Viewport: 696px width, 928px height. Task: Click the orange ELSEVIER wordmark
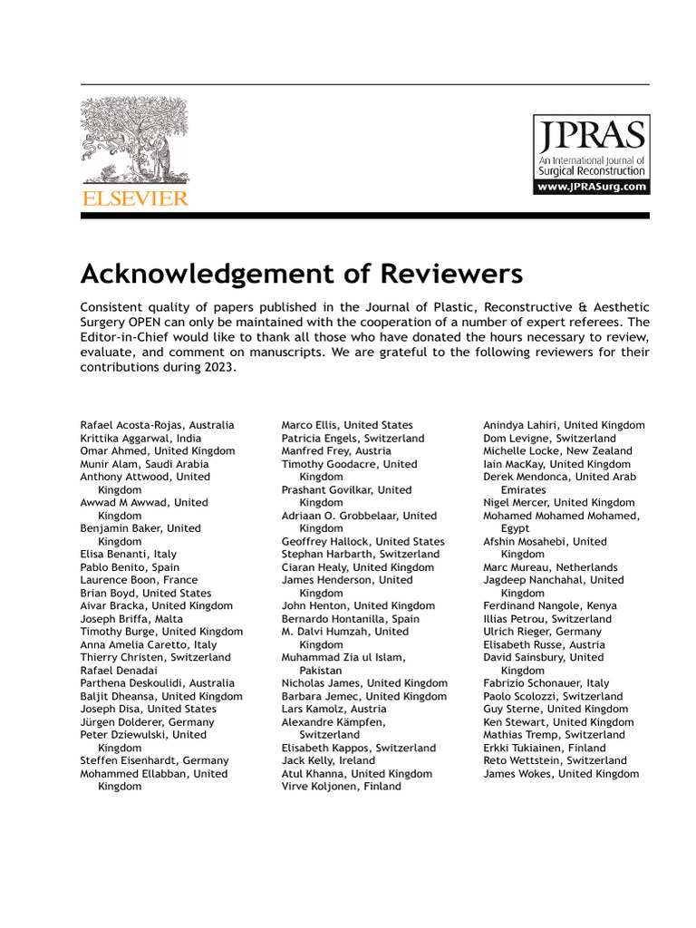tap(134, 198)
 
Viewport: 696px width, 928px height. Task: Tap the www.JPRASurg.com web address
tap(591, 187)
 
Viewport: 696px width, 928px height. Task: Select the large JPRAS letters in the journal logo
tap(591, 136)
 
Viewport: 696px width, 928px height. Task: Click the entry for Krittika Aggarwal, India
tap(140, 438)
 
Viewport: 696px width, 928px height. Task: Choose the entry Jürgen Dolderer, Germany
tap(147, 721)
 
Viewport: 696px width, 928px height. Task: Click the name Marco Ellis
tap(308, 425)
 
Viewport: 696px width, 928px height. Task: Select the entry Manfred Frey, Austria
tap(336, 450)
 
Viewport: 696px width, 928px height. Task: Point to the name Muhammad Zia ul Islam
tap(343, 657)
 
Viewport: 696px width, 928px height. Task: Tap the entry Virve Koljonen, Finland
tap(341, 787)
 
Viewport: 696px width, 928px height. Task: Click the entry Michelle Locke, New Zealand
tap(557, 450)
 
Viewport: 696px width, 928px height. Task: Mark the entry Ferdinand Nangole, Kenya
tap(549, 605)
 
